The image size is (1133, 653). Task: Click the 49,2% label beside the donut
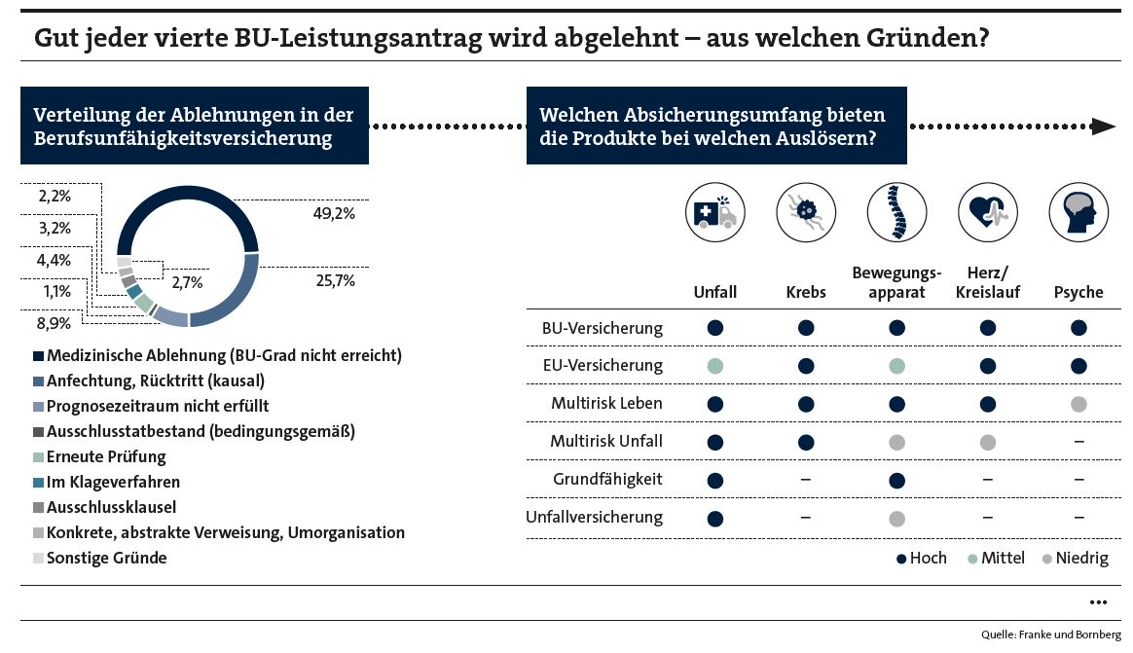[334, 213]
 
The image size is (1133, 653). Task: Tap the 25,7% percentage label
[335, 280]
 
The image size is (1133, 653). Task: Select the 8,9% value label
[55, 323]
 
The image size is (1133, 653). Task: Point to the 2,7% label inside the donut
[187, 282]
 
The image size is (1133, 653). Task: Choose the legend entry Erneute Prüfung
[99, 456]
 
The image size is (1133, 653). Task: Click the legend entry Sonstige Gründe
[99, 558]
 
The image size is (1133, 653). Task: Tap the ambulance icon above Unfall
[715, 212]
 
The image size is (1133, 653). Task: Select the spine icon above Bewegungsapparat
[896, 212]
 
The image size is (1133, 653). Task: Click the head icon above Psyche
[1078, 212]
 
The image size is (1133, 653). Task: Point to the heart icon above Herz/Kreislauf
[988, 212]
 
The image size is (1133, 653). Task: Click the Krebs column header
[806, 292]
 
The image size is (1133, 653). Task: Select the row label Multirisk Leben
[606, 403]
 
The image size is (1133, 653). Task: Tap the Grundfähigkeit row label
[607, 479]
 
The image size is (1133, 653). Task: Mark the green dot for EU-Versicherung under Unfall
[715, 366]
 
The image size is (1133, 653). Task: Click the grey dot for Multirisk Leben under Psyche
[1078, 405]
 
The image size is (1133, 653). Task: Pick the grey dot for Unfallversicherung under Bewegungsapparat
[896, 519]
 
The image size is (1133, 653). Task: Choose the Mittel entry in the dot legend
[997, 558]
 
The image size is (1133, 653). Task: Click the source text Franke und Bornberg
[1070, 635]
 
